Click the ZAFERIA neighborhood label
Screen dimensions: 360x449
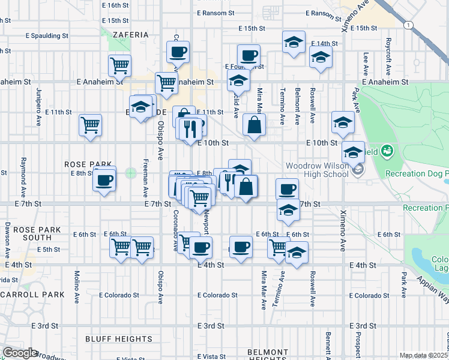click(130, 35)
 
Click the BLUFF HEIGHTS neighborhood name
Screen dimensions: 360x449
click(119, 339)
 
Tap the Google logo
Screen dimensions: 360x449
click(19, 353)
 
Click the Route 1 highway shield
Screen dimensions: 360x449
click(408, 25)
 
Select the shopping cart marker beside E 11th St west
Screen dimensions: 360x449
click(91, 125)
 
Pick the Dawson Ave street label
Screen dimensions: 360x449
click(8, 237)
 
